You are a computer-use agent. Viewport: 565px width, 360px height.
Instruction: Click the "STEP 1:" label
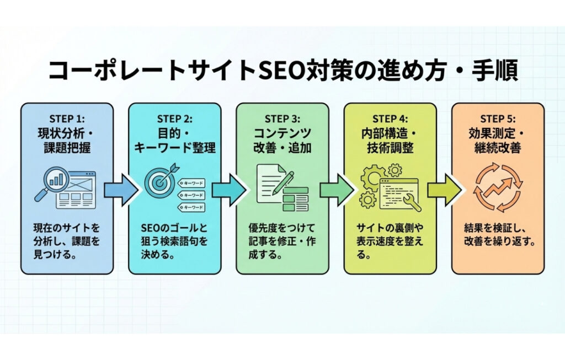pyautogui.click(x=67, y=119)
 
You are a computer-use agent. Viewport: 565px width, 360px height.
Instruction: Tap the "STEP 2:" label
pyautogui.click(x=175, y=119)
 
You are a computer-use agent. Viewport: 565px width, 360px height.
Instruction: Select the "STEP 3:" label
pyautogui.click(x=282, y=119)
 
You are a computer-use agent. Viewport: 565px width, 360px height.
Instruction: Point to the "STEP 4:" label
pyautogui.click(x=390, y=119)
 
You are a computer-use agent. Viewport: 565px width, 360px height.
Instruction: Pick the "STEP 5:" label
pyautogui.click(x=498, y=119)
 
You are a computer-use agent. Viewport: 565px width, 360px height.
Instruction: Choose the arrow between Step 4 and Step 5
pyautogui.click(x=444, y=190)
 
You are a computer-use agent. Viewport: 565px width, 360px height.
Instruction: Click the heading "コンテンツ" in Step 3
pyautogui.click(x=282, y=133)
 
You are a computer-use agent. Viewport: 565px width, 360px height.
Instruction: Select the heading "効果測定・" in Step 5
pyautogui.click(x=498, y=133)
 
